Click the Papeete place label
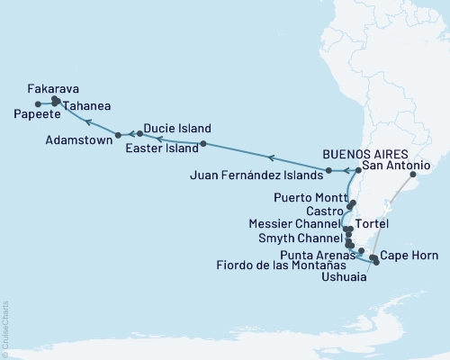pyautogui.click(x=38, y=114)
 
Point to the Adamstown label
pyautogui.click(x=78, y=140)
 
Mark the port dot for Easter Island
pyautogui.click(x=203, y=144)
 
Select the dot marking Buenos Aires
pyautogui.click(x=413, y=176)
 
